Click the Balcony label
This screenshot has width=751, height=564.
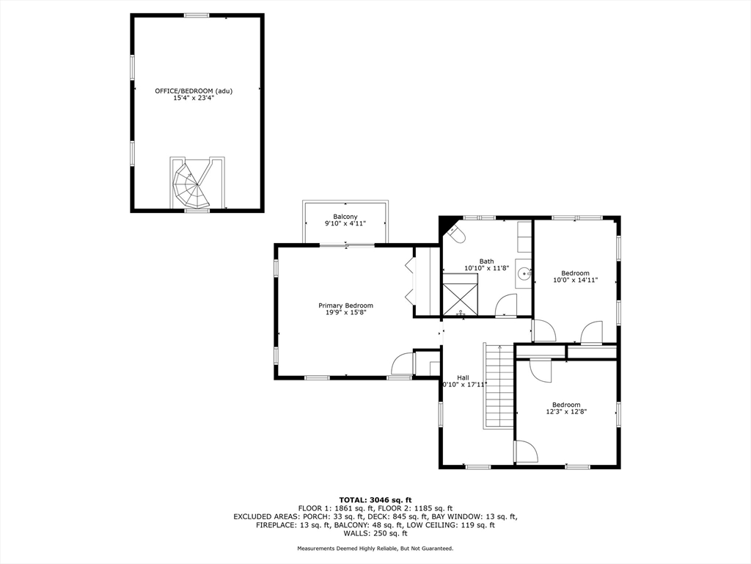pyautogui.click(x=345, y=216)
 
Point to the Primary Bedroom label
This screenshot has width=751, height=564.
pyautogui.click(x=345, y=305)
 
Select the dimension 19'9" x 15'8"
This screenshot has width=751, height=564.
pyautogui.click(x=345, y=313)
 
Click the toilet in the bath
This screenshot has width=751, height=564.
pyautogui.click(x=455, y=234)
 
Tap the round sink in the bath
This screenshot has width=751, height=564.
pyautogui.click(x=524, y=274)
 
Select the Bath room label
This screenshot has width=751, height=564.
pyautogui.click(x=486, y=261)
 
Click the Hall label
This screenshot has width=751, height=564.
pyautogui.click(x=463, y=377)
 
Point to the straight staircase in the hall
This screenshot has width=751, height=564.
pyautogui.click(x=497, y=386)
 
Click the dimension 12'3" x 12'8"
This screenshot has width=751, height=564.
pyautogui.click(x=566, y=412)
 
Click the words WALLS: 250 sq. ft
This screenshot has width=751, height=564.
pyautogui.click(x=375, y=534)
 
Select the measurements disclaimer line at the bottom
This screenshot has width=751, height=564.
pyautogui.click(x=375, y=549)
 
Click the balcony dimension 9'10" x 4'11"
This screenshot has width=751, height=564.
pyautogui.click(x=345, y=223)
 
